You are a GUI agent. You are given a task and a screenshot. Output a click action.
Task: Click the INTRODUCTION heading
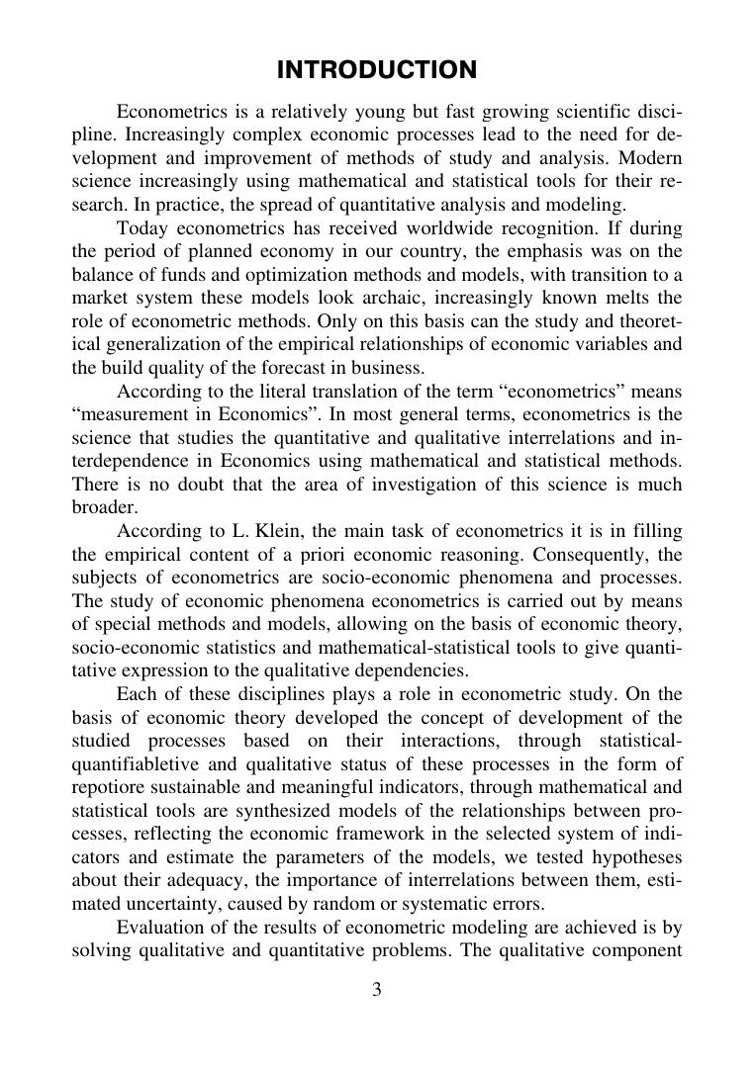[377, 70]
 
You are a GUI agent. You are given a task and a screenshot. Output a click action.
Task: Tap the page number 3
[377, 990]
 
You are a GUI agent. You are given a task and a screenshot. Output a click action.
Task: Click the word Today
[142, 227]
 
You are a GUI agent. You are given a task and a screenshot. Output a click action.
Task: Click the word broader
[104, 506]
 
